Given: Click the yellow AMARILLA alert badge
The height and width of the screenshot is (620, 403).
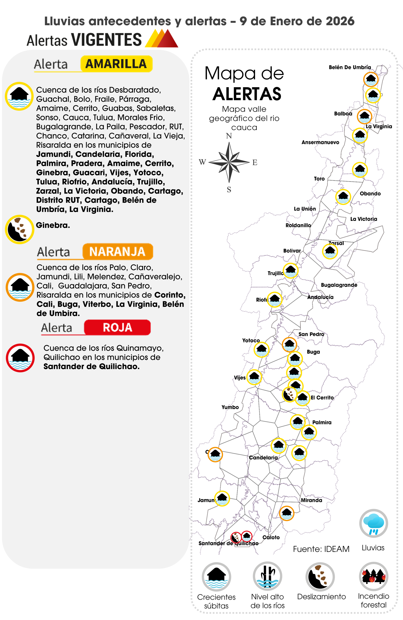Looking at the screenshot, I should (x=116, y=64).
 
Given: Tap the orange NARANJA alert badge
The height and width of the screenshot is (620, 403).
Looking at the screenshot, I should (x=117, y=252).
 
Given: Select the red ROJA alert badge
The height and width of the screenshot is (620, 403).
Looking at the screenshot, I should (x=117, y=327).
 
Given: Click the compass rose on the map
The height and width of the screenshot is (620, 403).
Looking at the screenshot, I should (x=229, y=162).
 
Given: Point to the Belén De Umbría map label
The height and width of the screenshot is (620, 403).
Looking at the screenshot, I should (x=349, y=67).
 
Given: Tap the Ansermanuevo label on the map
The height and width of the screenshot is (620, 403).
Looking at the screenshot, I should (x=320, y=142).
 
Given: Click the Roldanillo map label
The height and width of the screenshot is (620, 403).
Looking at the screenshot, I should (x=298, y=225).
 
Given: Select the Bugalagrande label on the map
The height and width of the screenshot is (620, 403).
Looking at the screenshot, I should (x=339, y=285).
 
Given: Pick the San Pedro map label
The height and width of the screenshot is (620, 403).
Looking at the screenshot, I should (x=311, y=334).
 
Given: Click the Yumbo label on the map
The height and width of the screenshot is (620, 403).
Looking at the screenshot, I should (x=230, y=407).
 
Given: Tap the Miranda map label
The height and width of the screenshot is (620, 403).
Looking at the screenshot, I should (x=311, y=500).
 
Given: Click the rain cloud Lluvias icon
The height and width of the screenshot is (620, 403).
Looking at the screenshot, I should (x=373, y=524).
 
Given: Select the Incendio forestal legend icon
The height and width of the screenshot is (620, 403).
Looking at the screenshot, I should (x=373, y=576).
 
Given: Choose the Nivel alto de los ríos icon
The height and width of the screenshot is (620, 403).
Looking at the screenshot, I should (x=267, y=576).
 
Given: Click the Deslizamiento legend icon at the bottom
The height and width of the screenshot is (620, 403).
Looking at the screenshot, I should (x=320, y=577).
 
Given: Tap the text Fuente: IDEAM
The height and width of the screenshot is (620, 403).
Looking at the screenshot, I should (x=321, y=549).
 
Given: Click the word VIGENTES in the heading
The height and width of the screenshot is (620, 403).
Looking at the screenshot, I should (x=106, y=40).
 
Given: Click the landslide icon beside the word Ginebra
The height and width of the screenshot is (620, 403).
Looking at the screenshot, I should (x=20, y=229).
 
